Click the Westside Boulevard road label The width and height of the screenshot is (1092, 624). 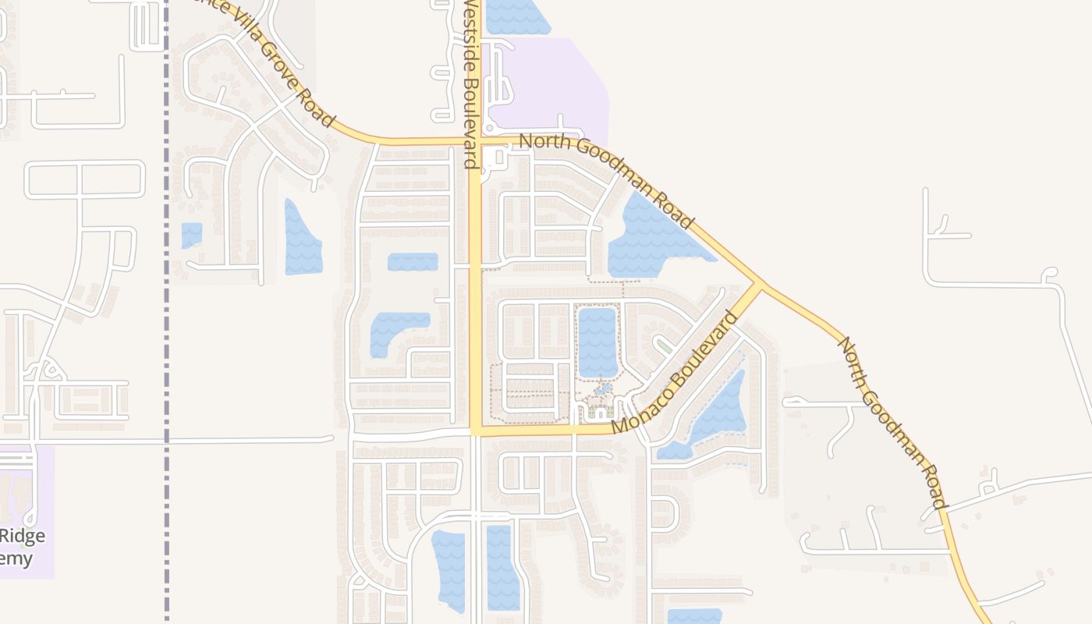click(x=470, y=84)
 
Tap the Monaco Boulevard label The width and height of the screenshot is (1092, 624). click(x=675, y=373)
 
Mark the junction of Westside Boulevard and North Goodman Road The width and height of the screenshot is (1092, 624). click(x=476, y=142)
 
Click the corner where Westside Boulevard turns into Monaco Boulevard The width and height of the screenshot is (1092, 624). click(x=476, y=430)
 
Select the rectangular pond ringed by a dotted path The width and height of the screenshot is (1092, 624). click(x=597, y=342)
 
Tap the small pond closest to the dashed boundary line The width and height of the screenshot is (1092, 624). click(x=191, y=234)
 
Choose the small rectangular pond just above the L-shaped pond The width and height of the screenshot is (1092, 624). click(x=413, y=261)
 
